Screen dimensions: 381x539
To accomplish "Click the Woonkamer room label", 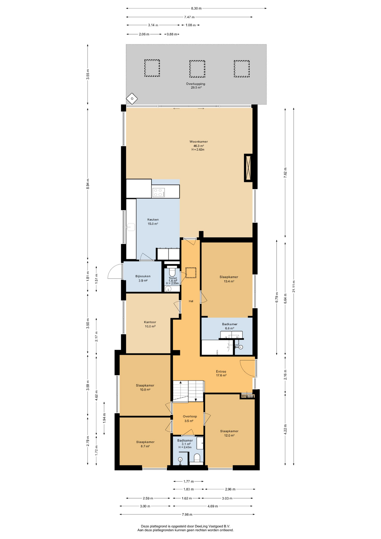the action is (199, 142).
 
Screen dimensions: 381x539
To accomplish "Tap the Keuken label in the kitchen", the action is (153, 220).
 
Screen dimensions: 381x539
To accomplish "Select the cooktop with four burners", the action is (159, 193).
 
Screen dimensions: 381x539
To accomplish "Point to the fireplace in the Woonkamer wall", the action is (248, 168).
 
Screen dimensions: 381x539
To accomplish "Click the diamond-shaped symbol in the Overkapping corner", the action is (132, 99).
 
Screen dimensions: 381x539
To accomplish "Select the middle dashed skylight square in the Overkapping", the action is (197, 69).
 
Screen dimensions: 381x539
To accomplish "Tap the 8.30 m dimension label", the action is (196, 8).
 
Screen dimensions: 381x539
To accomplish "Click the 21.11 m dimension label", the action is (293, 286).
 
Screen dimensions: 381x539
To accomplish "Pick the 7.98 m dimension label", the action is (187, 515).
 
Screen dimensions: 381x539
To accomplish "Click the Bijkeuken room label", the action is (143, 276).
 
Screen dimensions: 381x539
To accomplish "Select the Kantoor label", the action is (150, 322).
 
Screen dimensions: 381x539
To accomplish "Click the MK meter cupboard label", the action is (244, 396).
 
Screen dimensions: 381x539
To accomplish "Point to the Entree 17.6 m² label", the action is (221, 373).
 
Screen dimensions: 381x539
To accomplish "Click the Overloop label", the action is (190, 417).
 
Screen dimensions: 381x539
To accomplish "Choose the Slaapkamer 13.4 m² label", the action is (229, 279).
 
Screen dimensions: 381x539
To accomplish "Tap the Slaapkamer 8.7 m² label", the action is (145, 444).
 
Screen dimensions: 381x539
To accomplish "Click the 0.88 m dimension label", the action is (172, 34).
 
